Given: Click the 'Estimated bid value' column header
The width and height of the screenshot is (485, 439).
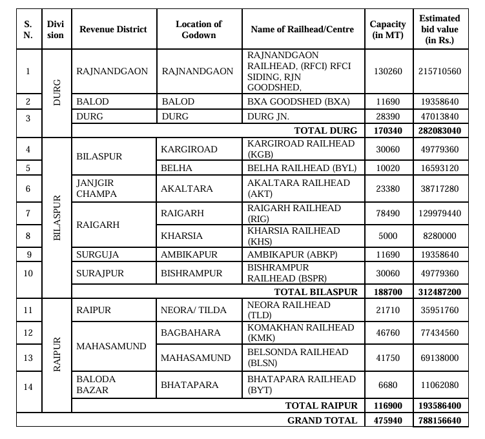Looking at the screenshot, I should [x=439, y=29].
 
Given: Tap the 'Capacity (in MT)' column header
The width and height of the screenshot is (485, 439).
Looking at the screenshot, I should [x=387, y=30].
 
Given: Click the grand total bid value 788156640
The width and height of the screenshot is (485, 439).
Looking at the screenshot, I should [x=439, y=420].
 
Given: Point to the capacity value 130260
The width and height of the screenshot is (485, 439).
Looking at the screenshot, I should [x=387, y=71].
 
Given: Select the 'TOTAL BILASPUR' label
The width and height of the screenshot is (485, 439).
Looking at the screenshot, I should [x=316, y=292].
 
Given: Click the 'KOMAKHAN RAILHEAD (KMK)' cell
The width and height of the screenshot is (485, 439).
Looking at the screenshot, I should [x=301, y=332].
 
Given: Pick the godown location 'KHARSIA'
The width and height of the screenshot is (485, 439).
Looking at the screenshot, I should [x=181, y=236].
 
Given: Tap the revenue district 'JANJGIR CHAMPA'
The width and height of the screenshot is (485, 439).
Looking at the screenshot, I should [x=96, y=189].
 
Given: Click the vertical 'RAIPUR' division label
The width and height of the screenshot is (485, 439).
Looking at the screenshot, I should [x=57, y=354].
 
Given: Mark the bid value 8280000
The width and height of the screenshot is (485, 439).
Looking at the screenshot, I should [x=439, y=236].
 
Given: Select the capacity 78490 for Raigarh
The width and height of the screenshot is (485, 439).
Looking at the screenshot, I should [x=387, y=213].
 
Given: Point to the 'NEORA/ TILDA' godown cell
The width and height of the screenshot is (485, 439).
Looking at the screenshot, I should [x=194, y=311].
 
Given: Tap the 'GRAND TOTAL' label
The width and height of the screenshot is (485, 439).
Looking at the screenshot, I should [x=322, y=420].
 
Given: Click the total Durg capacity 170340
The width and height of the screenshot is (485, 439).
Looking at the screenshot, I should [x=387, y=131].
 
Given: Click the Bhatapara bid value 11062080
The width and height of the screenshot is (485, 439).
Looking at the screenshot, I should [x=439, y=385].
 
